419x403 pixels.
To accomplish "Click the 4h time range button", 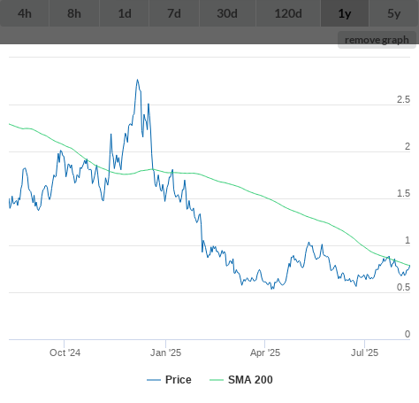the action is coord(25,13).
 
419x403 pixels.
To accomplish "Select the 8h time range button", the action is coord(74,13).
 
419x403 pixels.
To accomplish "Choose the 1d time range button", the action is coord(125,13).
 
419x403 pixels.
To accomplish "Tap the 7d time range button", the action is coord(174,13).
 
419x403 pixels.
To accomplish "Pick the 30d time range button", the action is coord(227,13).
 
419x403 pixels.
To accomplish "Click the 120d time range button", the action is coord(288,13).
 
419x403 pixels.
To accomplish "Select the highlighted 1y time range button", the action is coord(345,13).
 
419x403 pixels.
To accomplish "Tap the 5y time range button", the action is coord(394,13).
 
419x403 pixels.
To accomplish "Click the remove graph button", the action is coord(377,40).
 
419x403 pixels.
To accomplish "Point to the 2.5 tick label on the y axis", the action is coord(403,99).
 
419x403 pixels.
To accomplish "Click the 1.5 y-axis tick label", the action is coord(403,193).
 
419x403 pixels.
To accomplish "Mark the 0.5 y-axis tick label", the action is coord(403,287).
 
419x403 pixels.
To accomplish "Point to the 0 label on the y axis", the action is coord(408,334).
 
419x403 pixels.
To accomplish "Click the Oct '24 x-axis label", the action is coord(65,353).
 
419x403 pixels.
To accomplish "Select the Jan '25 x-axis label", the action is coord(165,353).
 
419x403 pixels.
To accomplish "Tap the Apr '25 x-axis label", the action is coord(265,353).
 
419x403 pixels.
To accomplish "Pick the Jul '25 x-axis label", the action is coord(364,353).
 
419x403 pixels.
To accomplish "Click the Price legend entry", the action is coord(169,380).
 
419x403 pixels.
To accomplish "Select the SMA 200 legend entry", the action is coord(241,380).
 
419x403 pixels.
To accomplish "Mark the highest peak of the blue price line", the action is coord(137,80).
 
